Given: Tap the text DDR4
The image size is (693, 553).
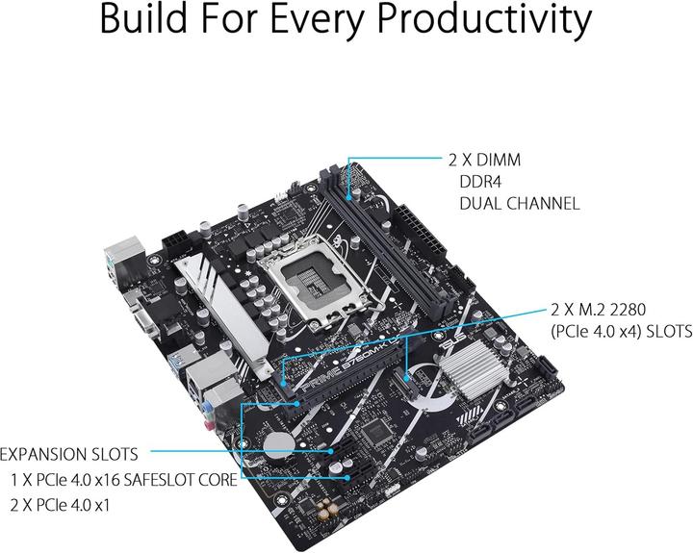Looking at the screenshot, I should pos(477,182).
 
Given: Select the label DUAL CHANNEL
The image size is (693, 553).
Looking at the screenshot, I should pos(519,204).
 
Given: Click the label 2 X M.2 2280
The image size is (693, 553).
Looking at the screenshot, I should pos(604,311).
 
